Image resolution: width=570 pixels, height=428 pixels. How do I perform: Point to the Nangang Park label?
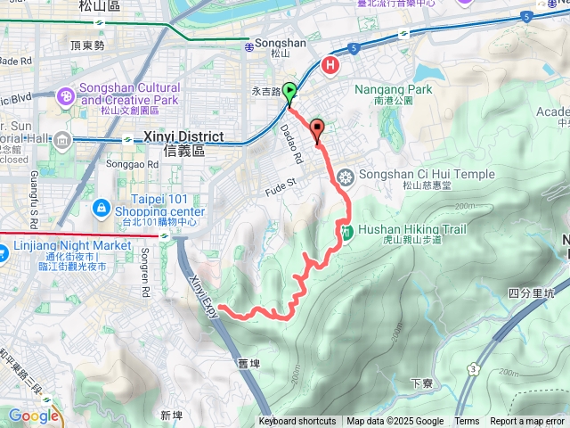(393, 89)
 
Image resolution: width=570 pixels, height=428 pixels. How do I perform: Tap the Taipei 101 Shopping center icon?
(101, 208)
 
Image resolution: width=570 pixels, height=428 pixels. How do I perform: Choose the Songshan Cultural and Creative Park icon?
(66, 95)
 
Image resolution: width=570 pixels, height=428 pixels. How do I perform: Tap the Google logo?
(33, 415)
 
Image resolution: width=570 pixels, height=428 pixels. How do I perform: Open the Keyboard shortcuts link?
(297, 422)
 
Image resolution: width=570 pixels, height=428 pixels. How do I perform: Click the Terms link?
(467, 422)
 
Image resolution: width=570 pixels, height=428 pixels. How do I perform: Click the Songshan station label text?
(280, 42)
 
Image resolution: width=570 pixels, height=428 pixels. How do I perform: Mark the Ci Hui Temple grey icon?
(346, 176)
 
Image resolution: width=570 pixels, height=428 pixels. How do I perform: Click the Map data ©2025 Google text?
(395, 422)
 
